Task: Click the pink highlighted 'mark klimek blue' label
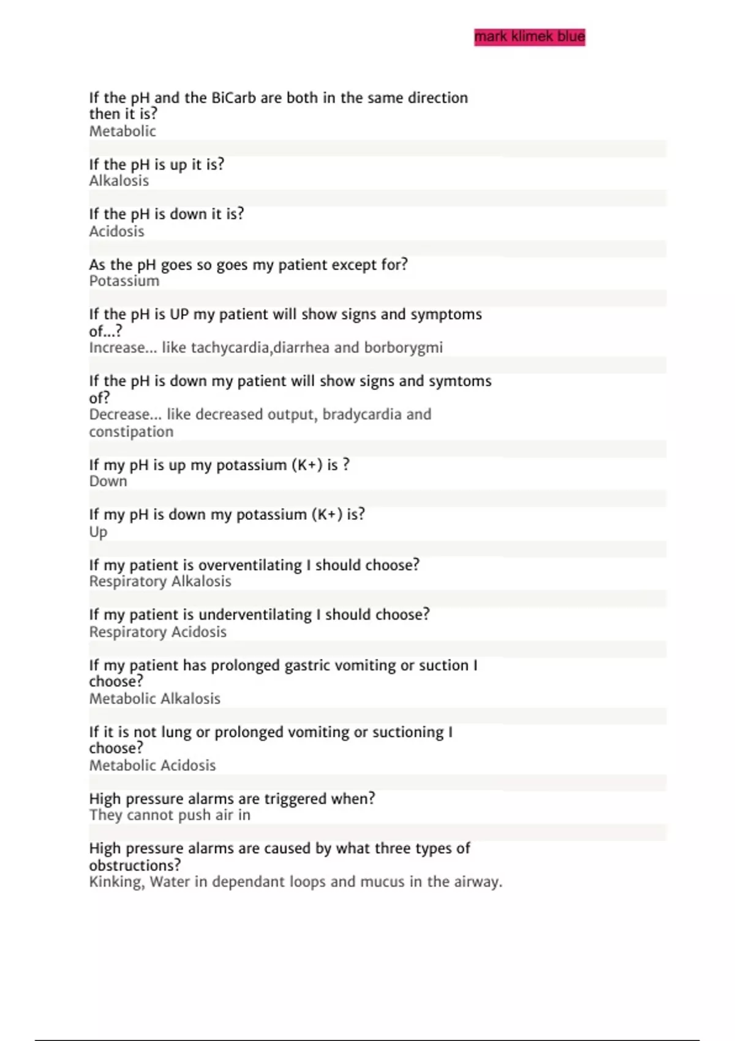click(x=529, y=37)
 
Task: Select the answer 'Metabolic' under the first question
click(x=123, y=131)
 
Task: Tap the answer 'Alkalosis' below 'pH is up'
click(x=119, y=181)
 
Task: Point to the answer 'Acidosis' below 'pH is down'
click(x=116, y=231)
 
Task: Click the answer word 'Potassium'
click(x=124, y=281)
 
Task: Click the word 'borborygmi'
click(x=403, y=348)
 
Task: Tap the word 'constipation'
click(x=131, y=432)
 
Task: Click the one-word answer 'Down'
click(x=108, y=481)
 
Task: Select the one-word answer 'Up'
click(x=98, y=532)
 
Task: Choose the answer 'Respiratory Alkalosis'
click(x=160, y=582)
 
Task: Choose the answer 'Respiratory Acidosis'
click(x=157, y=632)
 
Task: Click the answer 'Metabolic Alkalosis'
click(x=154, y=699)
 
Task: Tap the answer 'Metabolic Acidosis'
click(x=153, y=765)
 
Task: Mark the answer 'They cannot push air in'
click(x=170, y=815)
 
